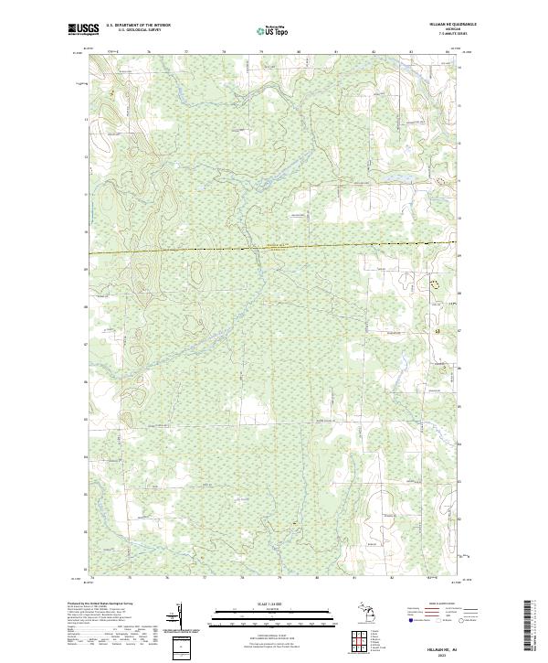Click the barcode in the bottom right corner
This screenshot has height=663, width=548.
pyautogui.click(x=532, y=626)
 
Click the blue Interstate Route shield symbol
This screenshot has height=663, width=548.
pyautogui.click(x=410, y=621)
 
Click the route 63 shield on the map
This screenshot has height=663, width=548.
pyautogui.click(x=437, y=329)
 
